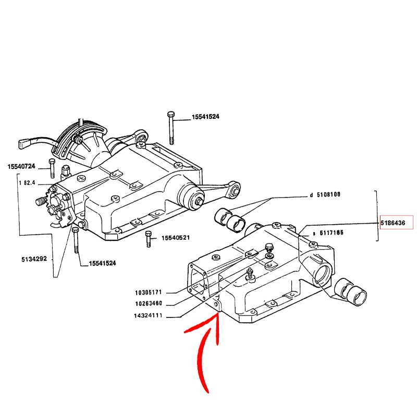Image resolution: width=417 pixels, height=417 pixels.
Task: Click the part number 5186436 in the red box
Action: click(396, 223)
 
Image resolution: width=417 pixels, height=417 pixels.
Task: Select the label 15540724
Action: click(21, 167)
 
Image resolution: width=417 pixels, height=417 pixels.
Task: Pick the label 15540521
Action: click(175, 238)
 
